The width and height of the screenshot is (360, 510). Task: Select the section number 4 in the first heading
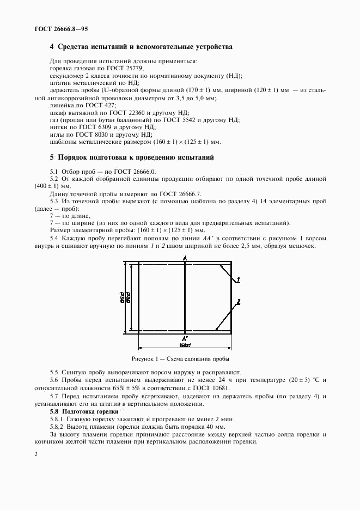[52, 47]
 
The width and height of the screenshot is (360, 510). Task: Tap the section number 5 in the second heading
[52, 157]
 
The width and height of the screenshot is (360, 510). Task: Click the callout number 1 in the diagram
[239, 280]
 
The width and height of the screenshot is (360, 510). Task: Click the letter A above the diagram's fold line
[185, 257]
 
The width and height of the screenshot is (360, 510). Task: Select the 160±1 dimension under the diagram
[185, 345]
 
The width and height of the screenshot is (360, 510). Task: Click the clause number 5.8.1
[57, 419]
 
